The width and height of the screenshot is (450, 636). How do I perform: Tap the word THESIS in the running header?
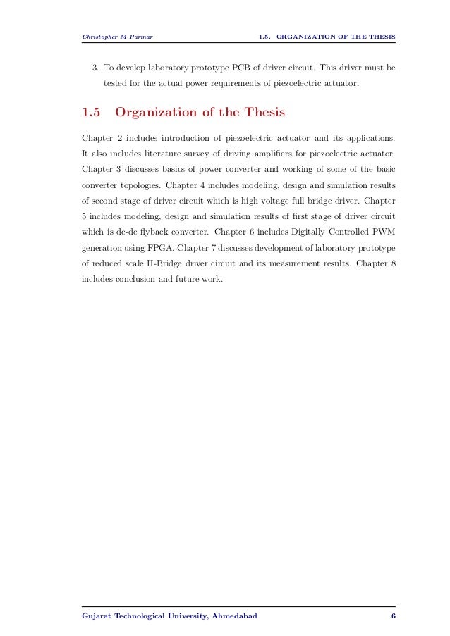tap(379, 37)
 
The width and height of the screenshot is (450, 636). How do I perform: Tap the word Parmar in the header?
tap(142, 37)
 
